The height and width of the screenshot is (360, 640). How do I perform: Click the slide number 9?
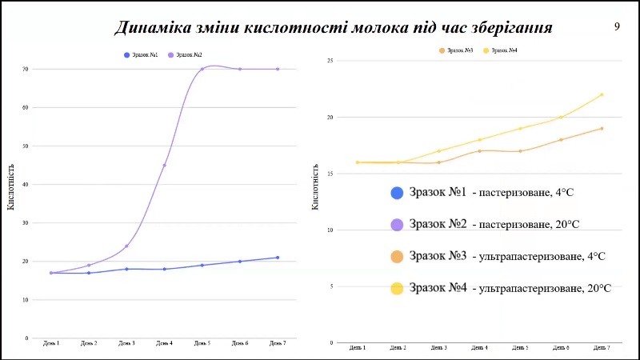[617, 26]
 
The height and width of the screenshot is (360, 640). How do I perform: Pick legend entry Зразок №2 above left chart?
[185, 54]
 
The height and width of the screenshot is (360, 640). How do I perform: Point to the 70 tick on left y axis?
[26, 69]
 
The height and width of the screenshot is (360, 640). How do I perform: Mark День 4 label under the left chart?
[164, 343]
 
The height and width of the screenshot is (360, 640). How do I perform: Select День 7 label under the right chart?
[602, 348]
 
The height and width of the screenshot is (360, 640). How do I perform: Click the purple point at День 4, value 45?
[164, 166]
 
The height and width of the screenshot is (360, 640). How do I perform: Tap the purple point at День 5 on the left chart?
[202, 69]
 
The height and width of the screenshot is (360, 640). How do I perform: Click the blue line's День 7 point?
[278, 258]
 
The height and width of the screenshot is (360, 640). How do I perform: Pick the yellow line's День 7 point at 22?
[602, 94]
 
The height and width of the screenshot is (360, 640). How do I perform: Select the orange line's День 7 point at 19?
[602, 128]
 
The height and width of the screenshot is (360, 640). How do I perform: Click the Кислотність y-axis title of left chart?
[10, 191]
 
